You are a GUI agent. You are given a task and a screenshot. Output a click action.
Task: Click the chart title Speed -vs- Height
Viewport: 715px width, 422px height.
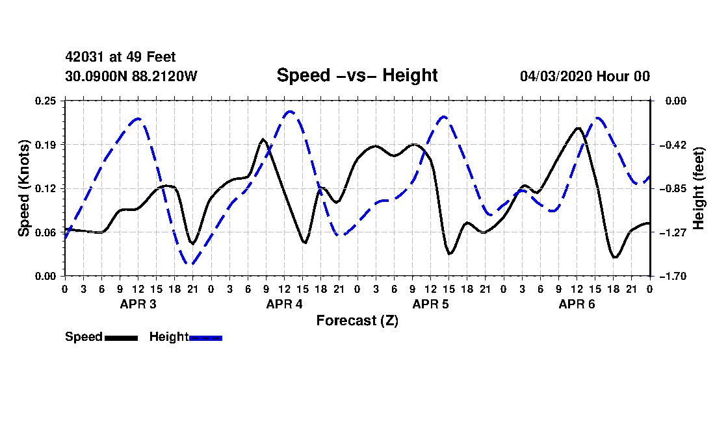tap(357, 75)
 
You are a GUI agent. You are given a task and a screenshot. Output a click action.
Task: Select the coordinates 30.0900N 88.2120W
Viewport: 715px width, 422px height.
tap(131, 76)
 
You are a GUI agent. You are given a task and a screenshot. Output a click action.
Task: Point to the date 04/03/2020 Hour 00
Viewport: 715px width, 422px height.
tap(585, 76)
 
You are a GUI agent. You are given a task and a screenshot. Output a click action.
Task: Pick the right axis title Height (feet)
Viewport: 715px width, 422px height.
tap(698, 188)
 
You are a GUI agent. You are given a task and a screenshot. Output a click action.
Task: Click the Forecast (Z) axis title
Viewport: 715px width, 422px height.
tap(357, 321)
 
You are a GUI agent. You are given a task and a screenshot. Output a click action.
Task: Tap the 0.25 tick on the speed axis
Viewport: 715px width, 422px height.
tap(45, 101)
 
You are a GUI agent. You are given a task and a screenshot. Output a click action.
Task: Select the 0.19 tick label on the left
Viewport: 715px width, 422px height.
tap(45, 145)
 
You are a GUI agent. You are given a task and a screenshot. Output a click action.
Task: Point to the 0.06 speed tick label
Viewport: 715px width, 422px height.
tap(45, 232)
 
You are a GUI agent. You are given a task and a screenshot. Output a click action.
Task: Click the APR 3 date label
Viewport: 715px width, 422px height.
tap(138, 304)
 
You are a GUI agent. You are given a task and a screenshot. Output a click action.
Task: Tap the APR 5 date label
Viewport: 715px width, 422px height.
tap(430, 304)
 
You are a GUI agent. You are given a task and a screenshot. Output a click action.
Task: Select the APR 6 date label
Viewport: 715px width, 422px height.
tap(577, 304)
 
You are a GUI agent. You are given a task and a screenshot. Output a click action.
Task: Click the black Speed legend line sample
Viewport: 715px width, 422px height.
tap(122, 338)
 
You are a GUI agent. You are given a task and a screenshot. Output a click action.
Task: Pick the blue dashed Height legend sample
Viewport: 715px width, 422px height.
tap(205, 338)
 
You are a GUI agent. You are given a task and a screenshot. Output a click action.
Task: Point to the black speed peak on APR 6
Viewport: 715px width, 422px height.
tap(578, 129)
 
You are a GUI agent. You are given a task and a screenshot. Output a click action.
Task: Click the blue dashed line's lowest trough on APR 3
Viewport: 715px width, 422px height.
tap(192, 264)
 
